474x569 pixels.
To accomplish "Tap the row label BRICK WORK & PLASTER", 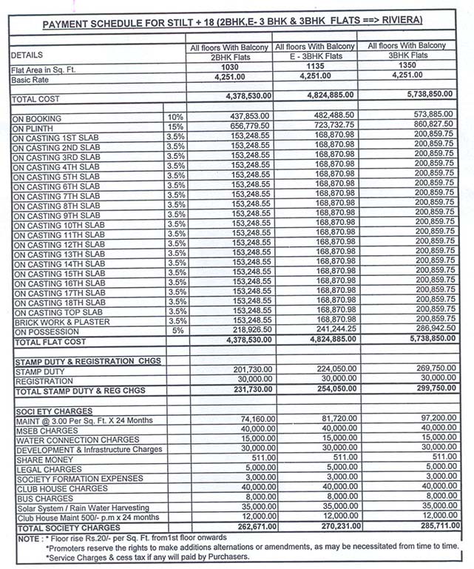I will tap(63, 322).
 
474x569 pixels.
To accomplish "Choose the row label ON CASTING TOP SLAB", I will tap(59, 312).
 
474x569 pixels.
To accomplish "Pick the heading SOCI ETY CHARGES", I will tap(53, 411).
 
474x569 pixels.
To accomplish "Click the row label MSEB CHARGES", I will tap(46, 430).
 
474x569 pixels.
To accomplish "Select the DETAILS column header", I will tap(27, 55).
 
